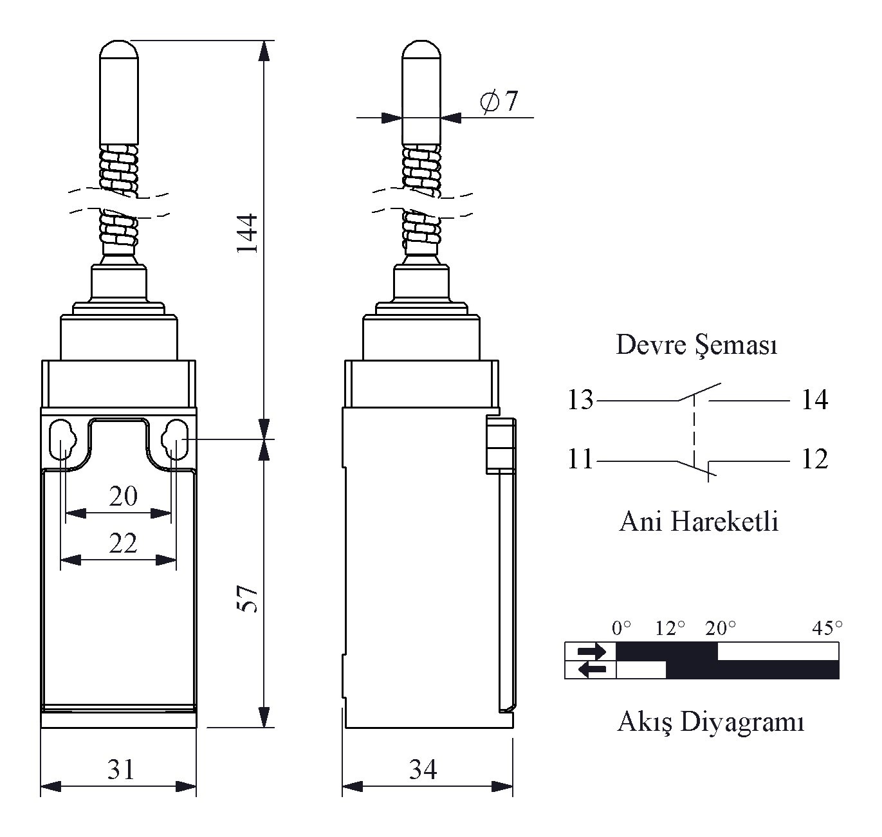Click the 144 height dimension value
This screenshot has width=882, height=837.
click(x=248, y=234)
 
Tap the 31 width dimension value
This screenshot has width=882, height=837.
click(x=121, y=769)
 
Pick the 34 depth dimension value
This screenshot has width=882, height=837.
click(x=423, y=769)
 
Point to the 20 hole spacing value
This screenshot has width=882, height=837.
click(x=123, y=496)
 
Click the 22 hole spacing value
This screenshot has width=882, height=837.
click(x=123, y=544)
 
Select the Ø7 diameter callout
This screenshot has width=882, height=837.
click(x=499, y=102)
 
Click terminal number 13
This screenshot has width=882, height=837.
click(x=580, y=400)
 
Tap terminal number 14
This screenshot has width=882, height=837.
click(x=814, y=400)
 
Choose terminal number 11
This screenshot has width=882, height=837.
click(x=580, y=459)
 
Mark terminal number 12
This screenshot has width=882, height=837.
click(x=814, y=459)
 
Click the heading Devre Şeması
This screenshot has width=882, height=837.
click(x=696, y=345)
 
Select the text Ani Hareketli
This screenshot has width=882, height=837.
click(x=699, y=522)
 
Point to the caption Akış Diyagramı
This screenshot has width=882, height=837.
click(x=711, y=722)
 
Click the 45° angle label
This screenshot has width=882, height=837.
click(x=827, y=629)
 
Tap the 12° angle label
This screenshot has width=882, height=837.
click(x=670, y=629)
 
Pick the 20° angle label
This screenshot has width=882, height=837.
click(x=721, y=629)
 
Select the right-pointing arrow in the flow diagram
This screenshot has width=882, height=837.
click(x=592, y=651)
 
